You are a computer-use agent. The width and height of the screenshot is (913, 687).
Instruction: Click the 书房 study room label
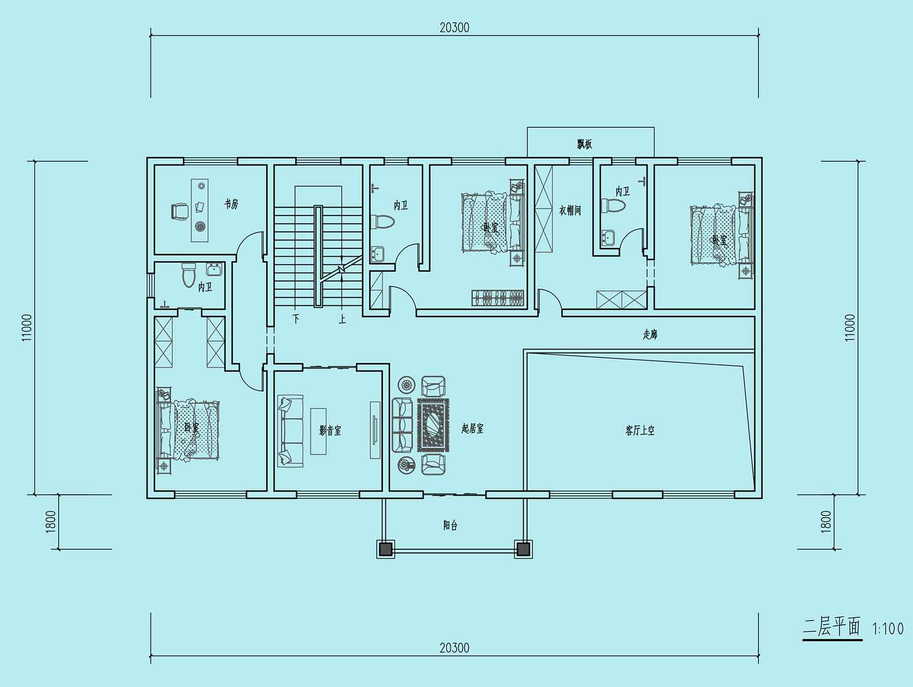pyautogui.click(x=231, y=204)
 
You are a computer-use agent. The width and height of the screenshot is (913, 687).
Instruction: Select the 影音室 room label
pyautogui.click(x=330, y=430)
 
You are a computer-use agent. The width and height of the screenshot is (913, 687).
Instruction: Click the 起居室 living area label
pyautogui.click(x=472, y=428)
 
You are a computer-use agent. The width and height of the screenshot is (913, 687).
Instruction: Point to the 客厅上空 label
pyautogui.click(x=640, y=430)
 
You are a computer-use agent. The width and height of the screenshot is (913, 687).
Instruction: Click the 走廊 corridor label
pyautogui.click(x=650, y=334)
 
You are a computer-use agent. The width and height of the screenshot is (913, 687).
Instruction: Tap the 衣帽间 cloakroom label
pyautogui.click(x=570, y=210)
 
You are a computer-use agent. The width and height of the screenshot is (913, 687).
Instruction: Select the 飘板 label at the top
pyautogui.click(x=584, y=144)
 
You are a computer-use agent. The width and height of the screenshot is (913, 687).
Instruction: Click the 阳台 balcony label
pyautogui.click(x=450, y=525)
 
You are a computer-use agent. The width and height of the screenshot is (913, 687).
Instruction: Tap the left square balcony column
pyautogui.click(x=385, y=549)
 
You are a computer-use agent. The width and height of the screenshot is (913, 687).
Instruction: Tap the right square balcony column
pyautogui.click(x=523, y=549)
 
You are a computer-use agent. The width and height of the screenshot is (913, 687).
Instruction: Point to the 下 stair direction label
pyautogui.click(x=296, y=319)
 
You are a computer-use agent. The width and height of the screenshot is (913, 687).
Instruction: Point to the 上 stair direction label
pyautogui.click(x=342, y=319)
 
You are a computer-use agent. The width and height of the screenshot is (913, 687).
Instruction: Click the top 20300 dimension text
pyautogui.click(x=454, y=28)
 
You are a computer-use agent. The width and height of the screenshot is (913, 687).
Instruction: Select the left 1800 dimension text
pyautogui.click(x=50, y=522)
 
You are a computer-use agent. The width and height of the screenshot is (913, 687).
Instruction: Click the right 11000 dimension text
pyautogui.click(x=850, y=327)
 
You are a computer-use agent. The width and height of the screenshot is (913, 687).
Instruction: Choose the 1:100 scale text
pyautogui.click(x=887, y=629)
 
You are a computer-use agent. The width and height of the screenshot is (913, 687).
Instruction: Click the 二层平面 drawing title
pyautogui.click(x=832, y=628)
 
